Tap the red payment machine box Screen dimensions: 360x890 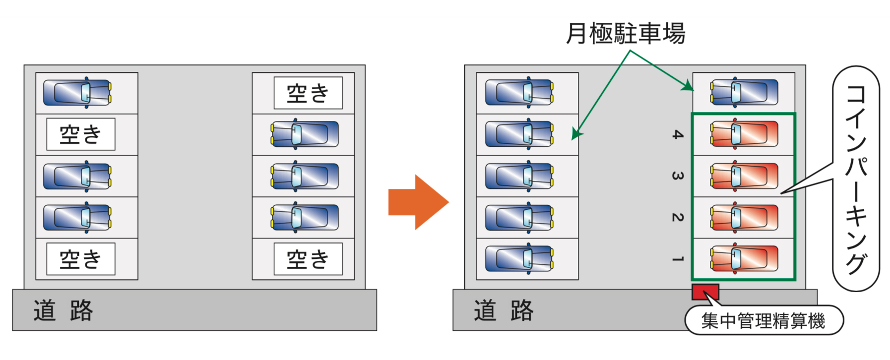[705, 292]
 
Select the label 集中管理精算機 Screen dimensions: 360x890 [763, 321]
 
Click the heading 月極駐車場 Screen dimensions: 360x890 [626, 34]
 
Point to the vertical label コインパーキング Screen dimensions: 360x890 [856, 179]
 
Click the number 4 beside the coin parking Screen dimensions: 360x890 [678, 134]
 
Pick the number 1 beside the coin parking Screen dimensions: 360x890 [678, 259]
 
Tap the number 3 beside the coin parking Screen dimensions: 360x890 [678, 176]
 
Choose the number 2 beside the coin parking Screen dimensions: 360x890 [678, 217]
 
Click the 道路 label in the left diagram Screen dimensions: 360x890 [63, 310]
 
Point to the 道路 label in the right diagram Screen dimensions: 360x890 [504, 310]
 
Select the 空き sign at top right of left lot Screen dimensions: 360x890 [308, 93]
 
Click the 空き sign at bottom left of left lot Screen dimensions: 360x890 [81, 259]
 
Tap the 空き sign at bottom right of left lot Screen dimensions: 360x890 [308, 259]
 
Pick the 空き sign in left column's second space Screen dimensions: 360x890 [81, 134]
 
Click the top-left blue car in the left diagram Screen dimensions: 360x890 [77, 93]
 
